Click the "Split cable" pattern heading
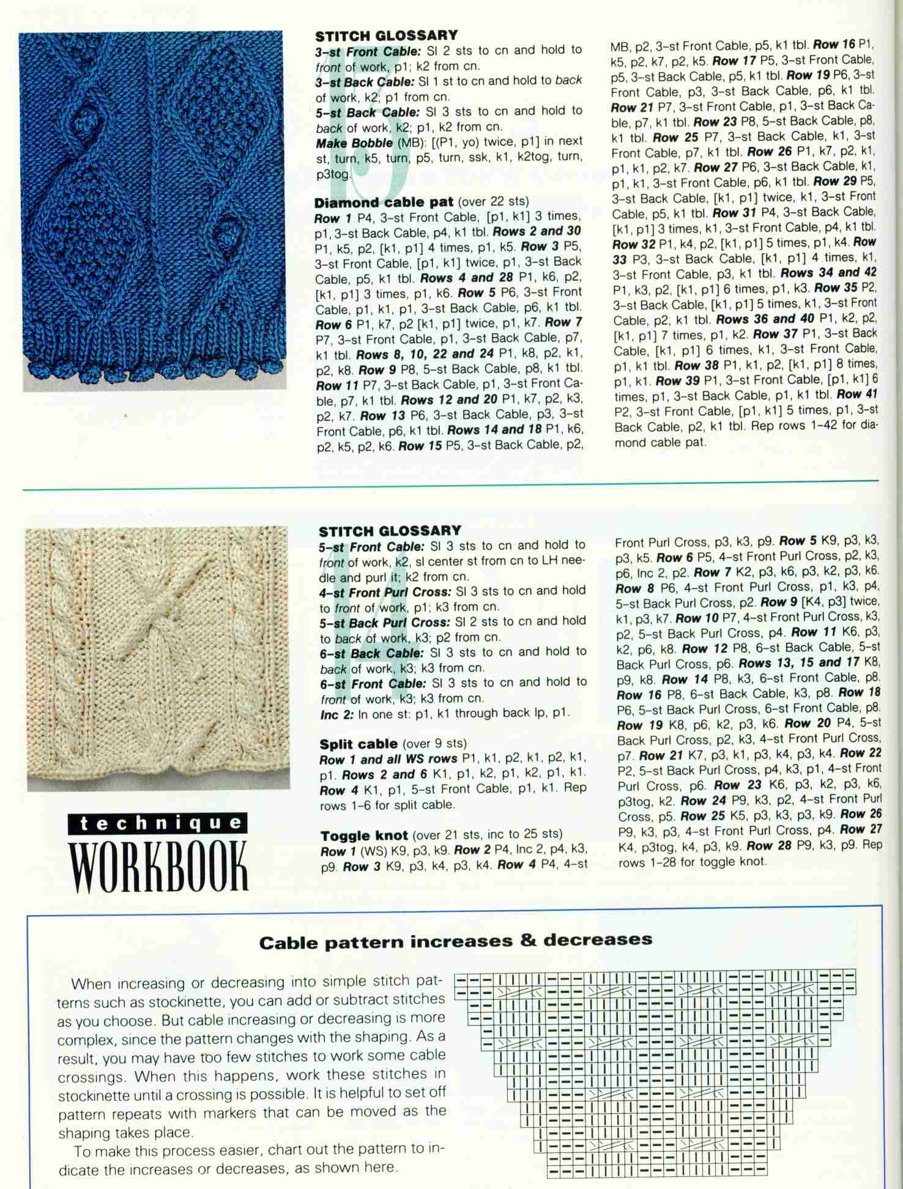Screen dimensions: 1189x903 358,744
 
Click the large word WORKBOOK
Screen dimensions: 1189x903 160,867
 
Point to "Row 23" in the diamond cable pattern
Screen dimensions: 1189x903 715,122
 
